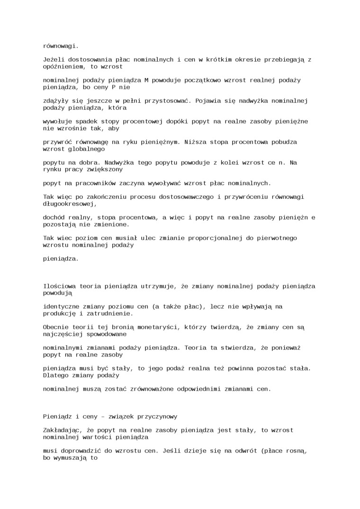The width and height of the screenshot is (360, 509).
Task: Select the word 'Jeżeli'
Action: (x=54, y=60)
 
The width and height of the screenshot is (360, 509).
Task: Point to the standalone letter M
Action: (x=146, y=80)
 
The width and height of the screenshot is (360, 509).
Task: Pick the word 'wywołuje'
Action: (x=57, y=122)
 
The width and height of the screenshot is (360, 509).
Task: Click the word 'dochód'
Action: (x=54, y=217)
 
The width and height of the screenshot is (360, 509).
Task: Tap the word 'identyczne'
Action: (x=61, y=307)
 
